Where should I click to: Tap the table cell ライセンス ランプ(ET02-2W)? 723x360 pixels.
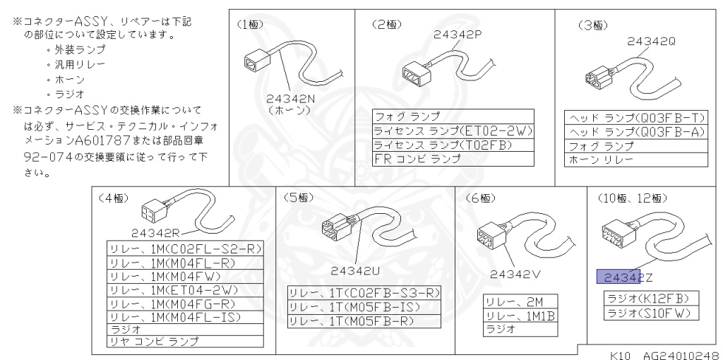453,131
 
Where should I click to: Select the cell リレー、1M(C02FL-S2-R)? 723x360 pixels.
185,248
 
